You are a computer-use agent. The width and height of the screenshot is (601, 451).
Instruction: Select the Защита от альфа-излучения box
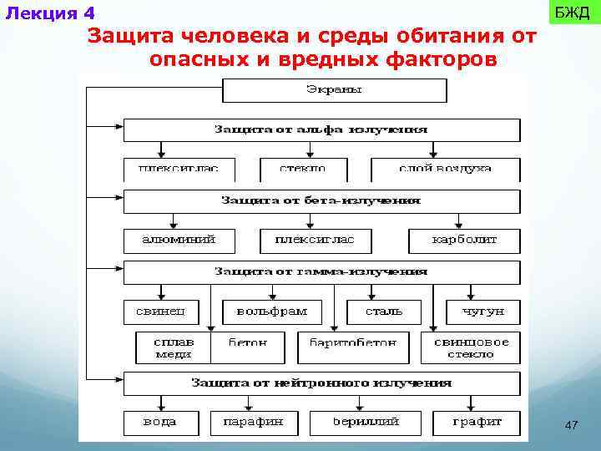coord(321,130)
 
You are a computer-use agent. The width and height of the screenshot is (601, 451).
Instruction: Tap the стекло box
coord(303,168)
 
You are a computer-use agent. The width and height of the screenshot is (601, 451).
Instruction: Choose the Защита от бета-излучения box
coord(321,201)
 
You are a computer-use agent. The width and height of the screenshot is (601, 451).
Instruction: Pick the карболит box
coord(464,240)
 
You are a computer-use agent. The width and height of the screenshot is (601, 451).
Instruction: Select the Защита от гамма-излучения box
coord(321,272)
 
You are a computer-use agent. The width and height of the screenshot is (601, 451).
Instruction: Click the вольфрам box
coord(271,312)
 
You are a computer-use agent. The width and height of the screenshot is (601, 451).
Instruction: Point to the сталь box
coord(384,312)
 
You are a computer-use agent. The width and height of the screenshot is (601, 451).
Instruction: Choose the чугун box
coord(482,312)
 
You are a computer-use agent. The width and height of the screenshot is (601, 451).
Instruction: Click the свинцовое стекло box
coord(471,347)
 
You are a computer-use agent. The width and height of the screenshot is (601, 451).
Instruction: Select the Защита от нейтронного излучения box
coord(321,383)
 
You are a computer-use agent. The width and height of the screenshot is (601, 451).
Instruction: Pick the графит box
coord(477,423)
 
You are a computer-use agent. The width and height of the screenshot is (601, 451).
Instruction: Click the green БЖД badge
coord(572,13)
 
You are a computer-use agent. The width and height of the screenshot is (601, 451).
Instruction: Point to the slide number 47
coord(571,426)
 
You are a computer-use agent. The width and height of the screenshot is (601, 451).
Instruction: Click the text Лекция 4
coord(50,13)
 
